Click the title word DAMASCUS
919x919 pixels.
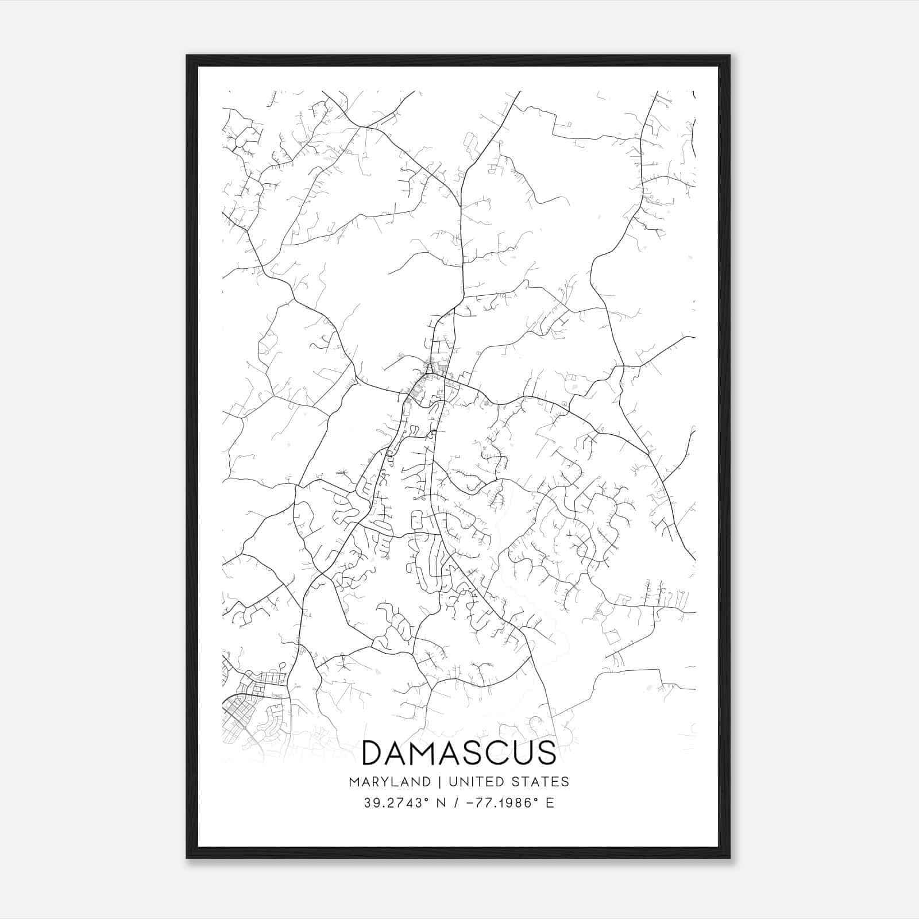pyautogui.click(x=459, y=753)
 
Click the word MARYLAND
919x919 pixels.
pyautogui.click(x=389, y=782)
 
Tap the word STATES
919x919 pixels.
pyautogui.click(x=540, y=782)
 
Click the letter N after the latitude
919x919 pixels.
pyautogui.click(x=441, y=803)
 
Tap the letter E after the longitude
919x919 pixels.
pyautogui.click(x=550, y=803)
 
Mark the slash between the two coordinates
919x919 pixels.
pyautogui.click(x=457, y=803)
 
